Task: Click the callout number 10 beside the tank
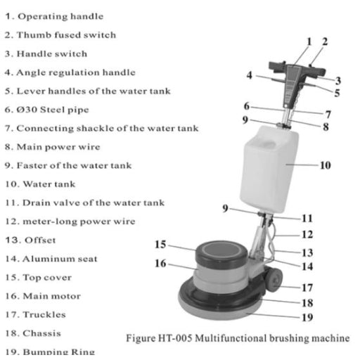tap(326, 165)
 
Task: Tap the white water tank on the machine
tap(269, 169)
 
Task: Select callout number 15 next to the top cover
tap(160, 245)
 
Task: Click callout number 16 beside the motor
tap(160, 263)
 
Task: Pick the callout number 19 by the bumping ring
tap(307, 318)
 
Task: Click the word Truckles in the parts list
tap(44, 314)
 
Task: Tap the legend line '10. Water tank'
tap(40, 184)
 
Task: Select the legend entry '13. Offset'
tap(30, 240)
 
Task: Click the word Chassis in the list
tap(42, 333)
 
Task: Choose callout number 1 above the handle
tap(309, 41)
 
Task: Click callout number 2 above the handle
tap(325, 41)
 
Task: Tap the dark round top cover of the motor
tap(221, 252)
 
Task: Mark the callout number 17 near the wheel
tap(307, 288)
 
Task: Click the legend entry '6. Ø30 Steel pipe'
tap(47, 110)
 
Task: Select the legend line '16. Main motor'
tap(43, 296)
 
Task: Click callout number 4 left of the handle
tap(250, 75)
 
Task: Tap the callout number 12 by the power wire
tap(307, 234)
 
